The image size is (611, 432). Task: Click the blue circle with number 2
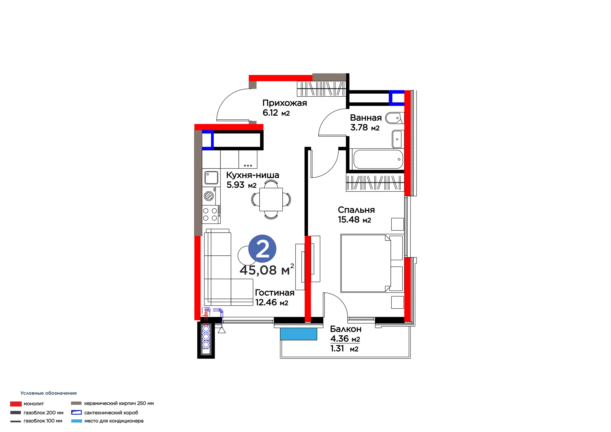coord(262,249)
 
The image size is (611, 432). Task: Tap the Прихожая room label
coord(284,103)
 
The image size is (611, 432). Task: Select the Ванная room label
coord(366,118)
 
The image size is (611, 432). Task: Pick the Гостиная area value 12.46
coord(266,302)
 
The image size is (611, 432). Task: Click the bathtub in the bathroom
coord(378,159)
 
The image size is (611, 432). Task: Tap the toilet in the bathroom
coord(395,118)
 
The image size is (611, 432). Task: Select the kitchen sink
coord(211,178)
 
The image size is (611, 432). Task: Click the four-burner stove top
coord(211,215)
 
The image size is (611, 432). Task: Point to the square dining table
coord(271,199)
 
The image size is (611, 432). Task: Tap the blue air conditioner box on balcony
coord(299,334)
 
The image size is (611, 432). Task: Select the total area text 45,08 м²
coord(267,270)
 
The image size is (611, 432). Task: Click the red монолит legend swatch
coord(16,404)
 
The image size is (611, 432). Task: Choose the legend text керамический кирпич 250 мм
coord(119,403)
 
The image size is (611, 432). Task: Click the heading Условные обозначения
coord(48,393)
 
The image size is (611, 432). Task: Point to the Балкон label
coord(346,329)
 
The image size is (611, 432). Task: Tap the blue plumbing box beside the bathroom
coord(396,98)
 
